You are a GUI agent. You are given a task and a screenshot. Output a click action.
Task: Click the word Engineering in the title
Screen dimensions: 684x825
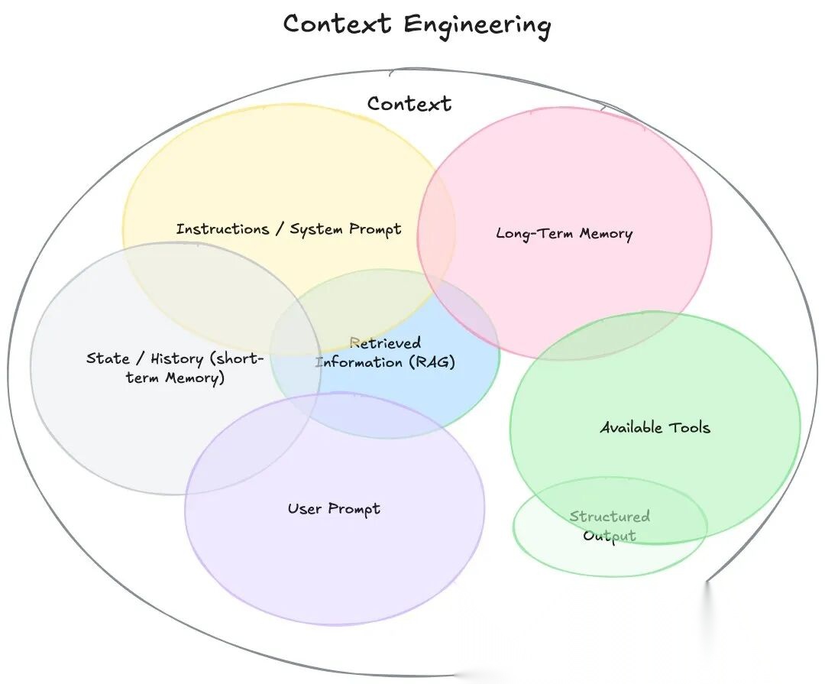pos(477,25)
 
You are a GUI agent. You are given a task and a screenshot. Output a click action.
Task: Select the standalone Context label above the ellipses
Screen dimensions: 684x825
pos(409,103)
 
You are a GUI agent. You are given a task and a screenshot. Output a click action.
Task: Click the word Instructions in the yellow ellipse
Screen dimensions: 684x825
pos(222,229)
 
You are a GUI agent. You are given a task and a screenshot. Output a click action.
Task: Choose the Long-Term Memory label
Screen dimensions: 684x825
pos(564,233)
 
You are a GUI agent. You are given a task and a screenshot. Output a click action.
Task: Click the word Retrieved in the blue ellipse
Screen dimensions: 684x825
pos(385,343)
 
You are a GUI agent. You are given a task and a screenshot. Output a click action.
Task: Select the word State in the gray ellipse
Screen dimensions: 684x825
pos(108,358)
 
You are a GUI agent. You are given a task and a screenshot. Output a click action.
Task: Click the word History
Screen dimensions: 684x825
pos(176,358)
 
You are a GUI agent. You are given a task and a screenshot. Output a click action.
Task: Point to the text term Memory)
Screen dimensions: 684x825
pos(175,378)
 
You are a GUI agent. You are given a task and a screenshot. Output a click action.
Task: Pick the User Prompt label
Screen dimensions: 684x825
pos(334,509)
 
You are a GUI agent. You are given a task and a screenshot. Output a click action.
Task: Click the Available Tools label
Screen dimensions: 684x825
pos(655,427)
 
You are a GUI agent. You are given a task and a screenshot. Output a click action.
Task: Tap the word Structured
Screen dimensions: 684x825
pos(610,517)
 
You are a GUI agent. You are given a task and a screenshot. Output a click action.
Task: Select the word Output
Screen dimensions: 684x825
pos(610,535)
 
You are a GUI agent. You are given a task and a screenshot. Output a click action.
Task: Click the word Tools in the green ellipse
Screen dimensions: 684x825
pos(690,427)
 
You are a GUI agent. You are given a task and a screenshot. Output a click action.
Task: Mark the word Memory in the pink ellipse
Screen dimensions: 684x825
pos(606,233)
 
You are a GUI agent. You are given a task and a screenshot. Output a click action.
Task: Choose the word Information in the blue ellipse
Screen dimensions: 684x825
pos(358,361)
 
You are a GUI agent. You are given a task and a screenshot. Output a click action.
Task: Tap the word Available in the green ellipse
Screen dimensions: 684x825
pos(631,427)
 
